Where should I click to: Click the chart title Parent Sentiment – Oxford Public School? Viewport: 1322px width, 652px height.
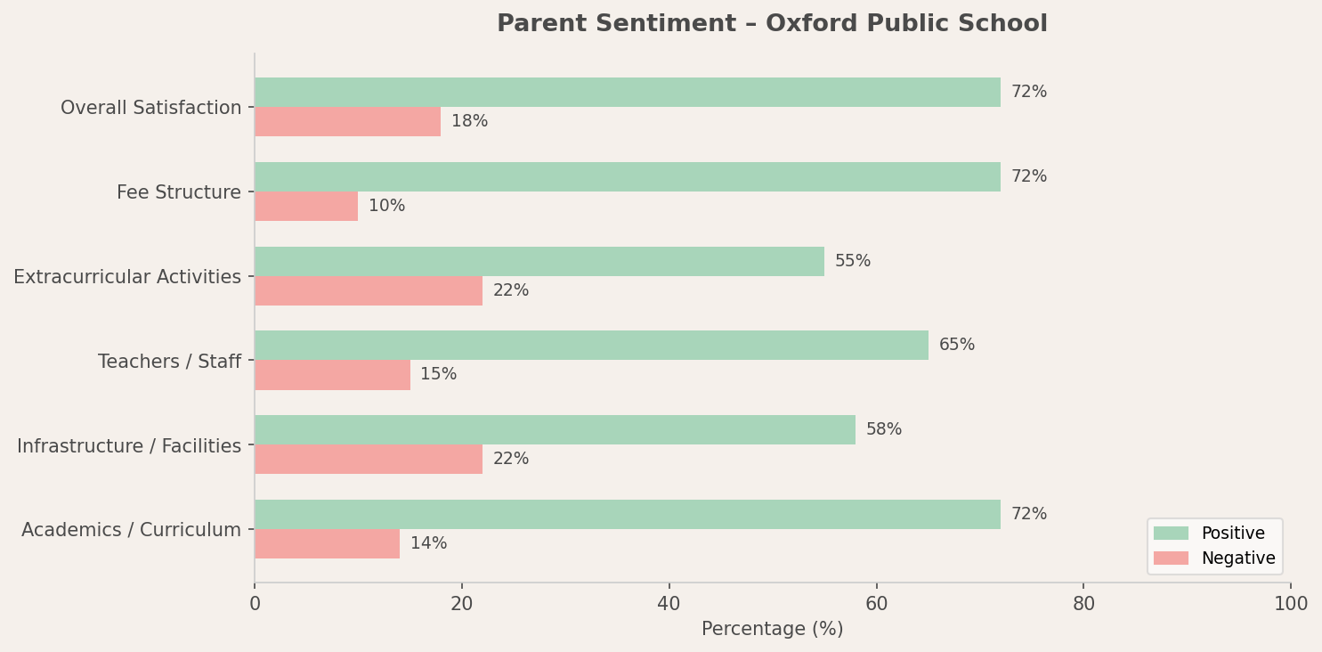[x=772, y=24]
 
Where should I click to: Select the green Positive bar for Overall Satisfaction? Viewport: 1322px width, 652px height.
[x=627, y=93]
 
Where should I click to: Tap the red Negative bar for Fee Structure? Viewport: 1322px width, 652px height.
[x=306, y=207]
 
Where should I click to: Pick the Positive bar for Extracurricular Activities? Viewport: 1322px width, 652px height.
[x=539, y=262]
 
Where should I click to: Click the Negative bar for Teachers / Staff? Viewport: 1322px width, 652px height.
[x=332, y=375]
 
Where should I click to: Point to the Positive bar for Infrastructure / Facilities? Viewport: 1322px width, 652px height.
[x=555, y=430]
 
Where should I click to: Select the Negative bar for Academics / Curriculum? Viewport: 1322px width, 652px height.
[x=327, y=544]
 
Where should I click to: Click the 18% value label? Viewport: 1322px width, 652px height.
[x=469, y=122]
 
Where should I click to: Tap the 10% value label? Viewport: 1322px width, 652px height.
[x=386, y=207]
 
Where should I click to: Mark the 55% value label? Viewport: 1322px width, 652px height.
[x=852, y=262]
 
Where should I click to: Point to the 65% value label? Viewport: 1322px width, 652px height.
[x=956, y=346]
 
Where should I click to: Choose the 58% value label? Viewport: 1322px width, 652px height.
[x=883, y=430]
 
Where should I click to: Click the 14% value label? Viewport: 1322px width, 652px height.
[x=428, y=544]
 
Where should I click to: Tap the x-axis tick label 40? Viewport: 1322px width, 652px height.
[x=669, y=605]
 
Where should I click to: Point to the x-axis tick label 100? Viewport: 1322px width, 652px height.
[x=1290, y=605]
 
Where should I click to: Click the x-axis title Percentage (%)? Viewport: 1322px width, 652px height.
[x=772, y=630]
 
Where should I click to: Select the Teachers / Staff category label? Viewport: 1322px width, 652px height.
[x=169, y=363]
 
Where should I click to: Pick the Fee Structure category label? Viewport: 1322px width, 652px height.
[x=178, y=193]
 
